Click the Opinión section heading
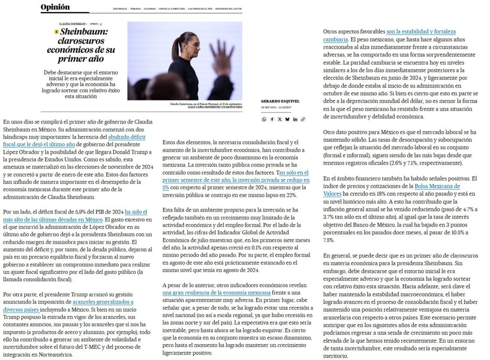pyautogui.click(x=55, y=7)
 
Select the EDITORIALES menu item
pyautogui.click(x=120, y=9)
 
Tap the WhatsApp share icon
pyautogui.click(x=264, y=119)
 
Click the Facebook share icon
pyautogui.click(x=272, y=119)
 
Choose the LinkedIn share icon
pyautogui.click(x=295, y=119)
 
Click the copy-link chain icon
pyautogui.click(x=303, y=119)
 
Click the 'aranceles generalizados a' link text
pyautogui.click(x=103, y=302)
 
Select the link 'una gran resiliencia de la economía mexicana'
pyautogui.click(x=216, y=292)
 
